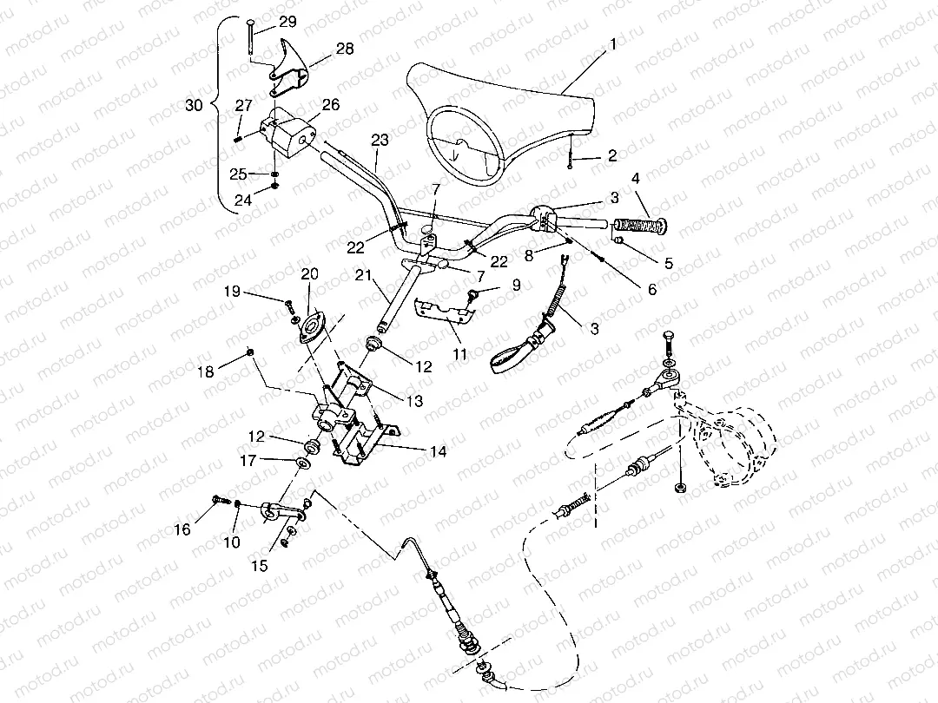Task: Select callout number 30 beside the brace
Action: pos(195,105)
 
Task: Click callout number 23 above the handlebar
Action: pos(379,139)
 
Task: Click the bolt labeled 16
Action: pos(217,500)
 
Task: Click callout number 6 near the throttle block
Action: pos(651,289)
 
